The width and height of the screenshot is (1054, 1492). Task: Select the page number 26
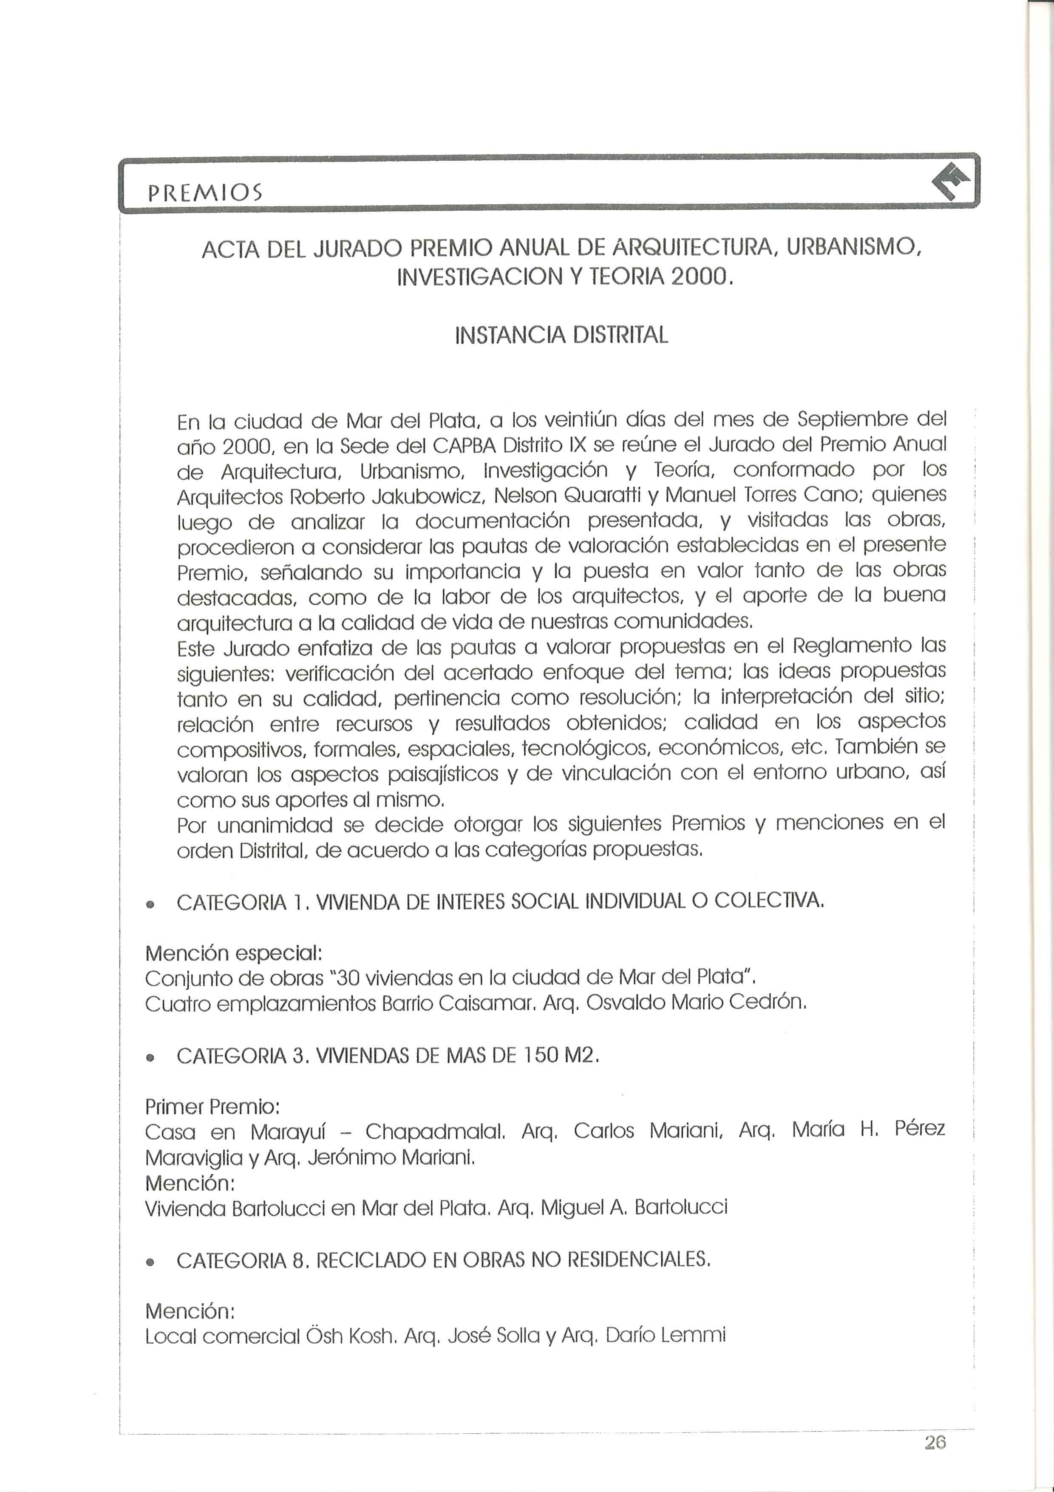(935, 1455)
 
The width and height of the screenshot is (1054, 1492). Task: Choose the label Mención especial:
(234, 953)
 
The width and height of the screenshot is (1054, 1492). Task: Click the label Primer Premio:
(212, 1106)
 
